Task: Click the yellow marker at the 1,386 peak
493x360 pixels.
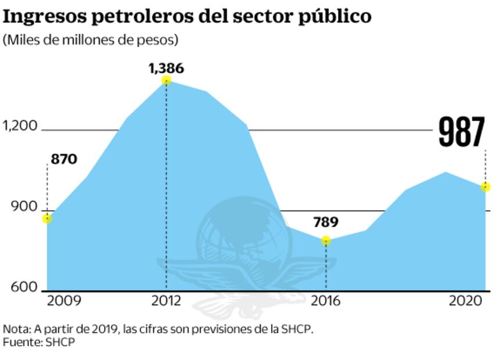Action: pyautogui.click(x=167, y=80)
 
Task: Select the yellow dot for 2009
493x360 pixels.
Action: pyautogui.click(x=47, y=218)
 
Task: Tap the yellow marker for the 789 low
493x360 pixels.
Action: pyautogui.click(x=326, y=240)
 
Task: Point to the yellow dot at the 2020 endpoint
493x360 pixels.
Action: pyautogui.click(x=485, y=187)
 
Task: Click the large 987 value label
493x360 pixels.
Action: pyautogui.click(x=461, y=132)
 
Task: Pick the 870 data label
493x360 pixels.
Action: pyautogui.click(x=64, y=159)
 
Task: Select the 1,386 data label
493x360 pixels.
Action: pyautogui.click(x=166, y=68)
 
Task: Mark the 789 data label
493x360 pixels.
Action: pyautogui.click(x=326, y=222)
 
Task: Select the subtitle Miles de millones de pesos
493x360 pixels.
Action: pyautogui.click(x=91, y=41)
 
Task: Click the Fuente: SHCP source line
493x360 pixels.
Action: pyautogui.click(x=39, y=343)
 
